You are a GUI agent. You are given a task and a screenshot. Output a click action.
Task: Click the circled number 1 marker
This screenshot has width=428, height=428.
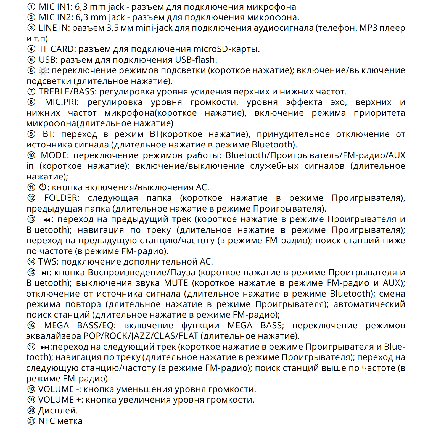[31, 7]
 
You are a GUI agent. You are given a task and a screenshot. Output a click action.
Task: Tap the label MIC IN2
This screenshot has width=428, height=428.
[56, 17]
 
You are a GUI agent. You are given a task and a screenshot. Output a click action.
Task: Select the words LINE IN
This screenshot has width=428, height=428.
[54, 28]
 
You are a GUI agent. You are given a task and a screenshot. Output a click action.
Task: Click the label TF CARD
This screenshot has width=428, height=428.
[57, 49]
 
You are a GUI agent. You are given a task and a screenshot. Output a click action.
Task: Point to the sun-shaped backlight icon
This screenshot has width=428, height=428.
[43, 71]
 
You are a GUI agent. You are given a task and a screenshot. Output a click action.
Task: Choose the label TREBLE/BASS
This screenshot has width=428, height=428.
[67, 92]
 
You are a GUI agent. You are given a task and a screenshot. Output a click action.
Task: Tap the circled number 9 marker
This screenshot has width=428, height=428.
[31, 134]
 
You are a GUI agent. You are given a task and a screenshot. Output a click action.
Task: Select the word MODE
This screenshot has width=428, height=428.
[54, 155]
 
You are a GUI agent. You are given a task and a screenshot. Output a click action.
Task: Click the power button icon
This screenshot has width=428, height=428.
[43, 187]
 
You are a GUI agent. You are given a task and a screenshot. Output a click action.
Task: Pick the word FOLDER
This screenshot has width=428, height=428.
[61, 198]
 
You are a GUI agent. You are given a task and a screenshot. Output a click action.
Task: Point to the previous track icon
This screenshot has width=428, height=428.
[46, 220]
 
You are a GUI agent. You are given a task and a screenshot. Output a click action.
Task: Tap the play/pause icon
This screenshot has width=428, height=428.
[45, 273]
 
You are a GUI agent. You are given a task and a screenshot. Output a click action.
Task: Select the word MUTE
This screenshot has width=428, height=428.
[176, 283]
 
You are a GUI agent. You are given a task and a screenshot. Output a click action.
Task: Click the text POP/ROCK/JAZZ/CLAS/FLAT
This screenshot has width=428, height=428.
[141, 336]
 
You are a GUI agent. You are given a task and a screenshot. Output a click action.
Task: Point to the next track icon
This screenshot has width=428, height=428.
[45, 347]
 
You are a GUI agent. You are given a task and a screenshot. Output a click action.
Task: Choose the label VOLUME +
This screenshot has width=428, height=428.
[61, 400]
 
